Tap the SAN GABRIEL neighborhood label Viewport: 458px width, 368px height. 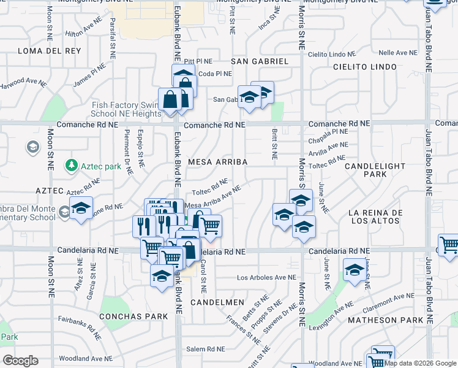(259, 61)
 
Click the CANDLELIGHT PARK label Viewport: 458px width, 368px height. (375, 170)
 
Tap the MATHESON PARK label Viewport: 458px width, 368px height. (385, 320)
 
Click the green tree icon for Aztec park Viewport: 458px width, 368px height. (72, 166)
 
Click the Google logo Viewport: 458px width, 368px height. (20, 361)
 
